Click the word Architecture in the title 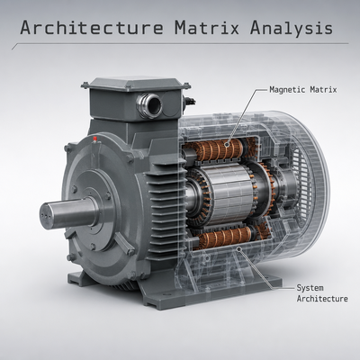92,28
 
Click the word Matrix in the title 207,28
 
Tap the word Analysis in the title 292,28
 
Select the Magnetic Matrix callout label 303,90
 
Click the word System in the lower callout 310,288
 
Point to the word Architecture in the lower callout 322,299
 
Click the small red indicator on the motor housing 95,139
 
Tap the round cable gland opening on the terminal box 149,105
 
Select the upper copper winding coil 218,149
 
